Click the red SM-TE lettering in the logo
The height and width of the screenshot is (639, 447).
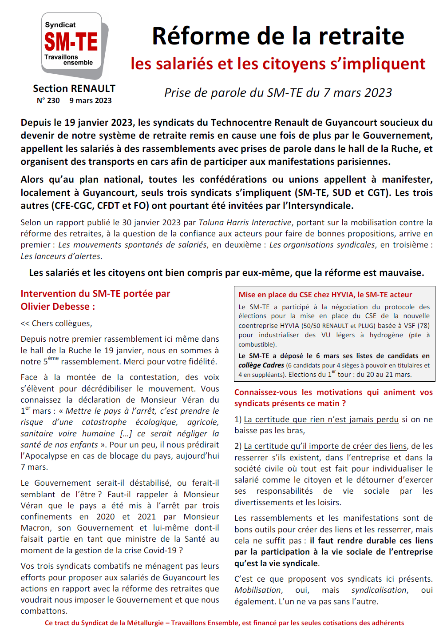click(x=71, y=42)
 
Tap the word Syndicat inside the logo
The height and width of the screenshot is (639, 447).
click(x=60, y=25)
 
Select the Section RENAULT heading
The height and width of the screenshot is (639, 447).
click(x=74, y=88)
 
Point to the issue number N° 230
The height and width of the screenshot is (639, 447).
click(x=48, y=100)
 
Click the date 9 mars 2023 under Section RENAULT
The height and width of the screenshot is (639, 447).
click(x=91, y=100)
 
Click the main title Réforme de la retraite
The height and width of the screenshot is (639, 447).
click(x=278, y=36)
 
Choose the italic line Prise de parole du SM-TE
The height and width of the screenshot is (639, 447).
click(x=278, y=92)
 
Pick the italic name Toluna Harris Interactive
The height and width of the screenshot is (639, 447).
click(x=245, y=222)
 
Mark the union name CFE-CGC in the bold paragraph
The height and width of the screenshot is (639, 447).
click(x=72, y=206)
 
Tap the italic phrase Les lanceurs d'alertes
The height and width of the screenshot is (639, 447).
click(x=61, y=256)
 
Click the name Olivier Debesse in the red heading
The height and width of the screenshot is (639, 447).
click(x=55, y=307)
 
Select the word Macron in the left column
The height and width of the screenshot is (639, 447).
click(x=35, y=528)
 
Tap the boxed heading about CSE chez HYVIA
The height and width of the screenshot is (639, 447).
click(x=325, y=295)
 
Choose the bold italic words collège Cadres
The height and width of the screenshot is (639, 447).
click(x=261, y=365)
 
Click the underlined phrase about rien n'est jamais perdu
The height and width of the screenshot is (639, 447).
click(x=321, y=419)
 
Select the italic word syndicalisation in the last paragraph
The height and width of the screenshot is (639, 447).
click(x=379, y=590)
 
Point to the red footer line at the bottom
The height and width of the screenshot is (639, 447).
click(x=224, y=623)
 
